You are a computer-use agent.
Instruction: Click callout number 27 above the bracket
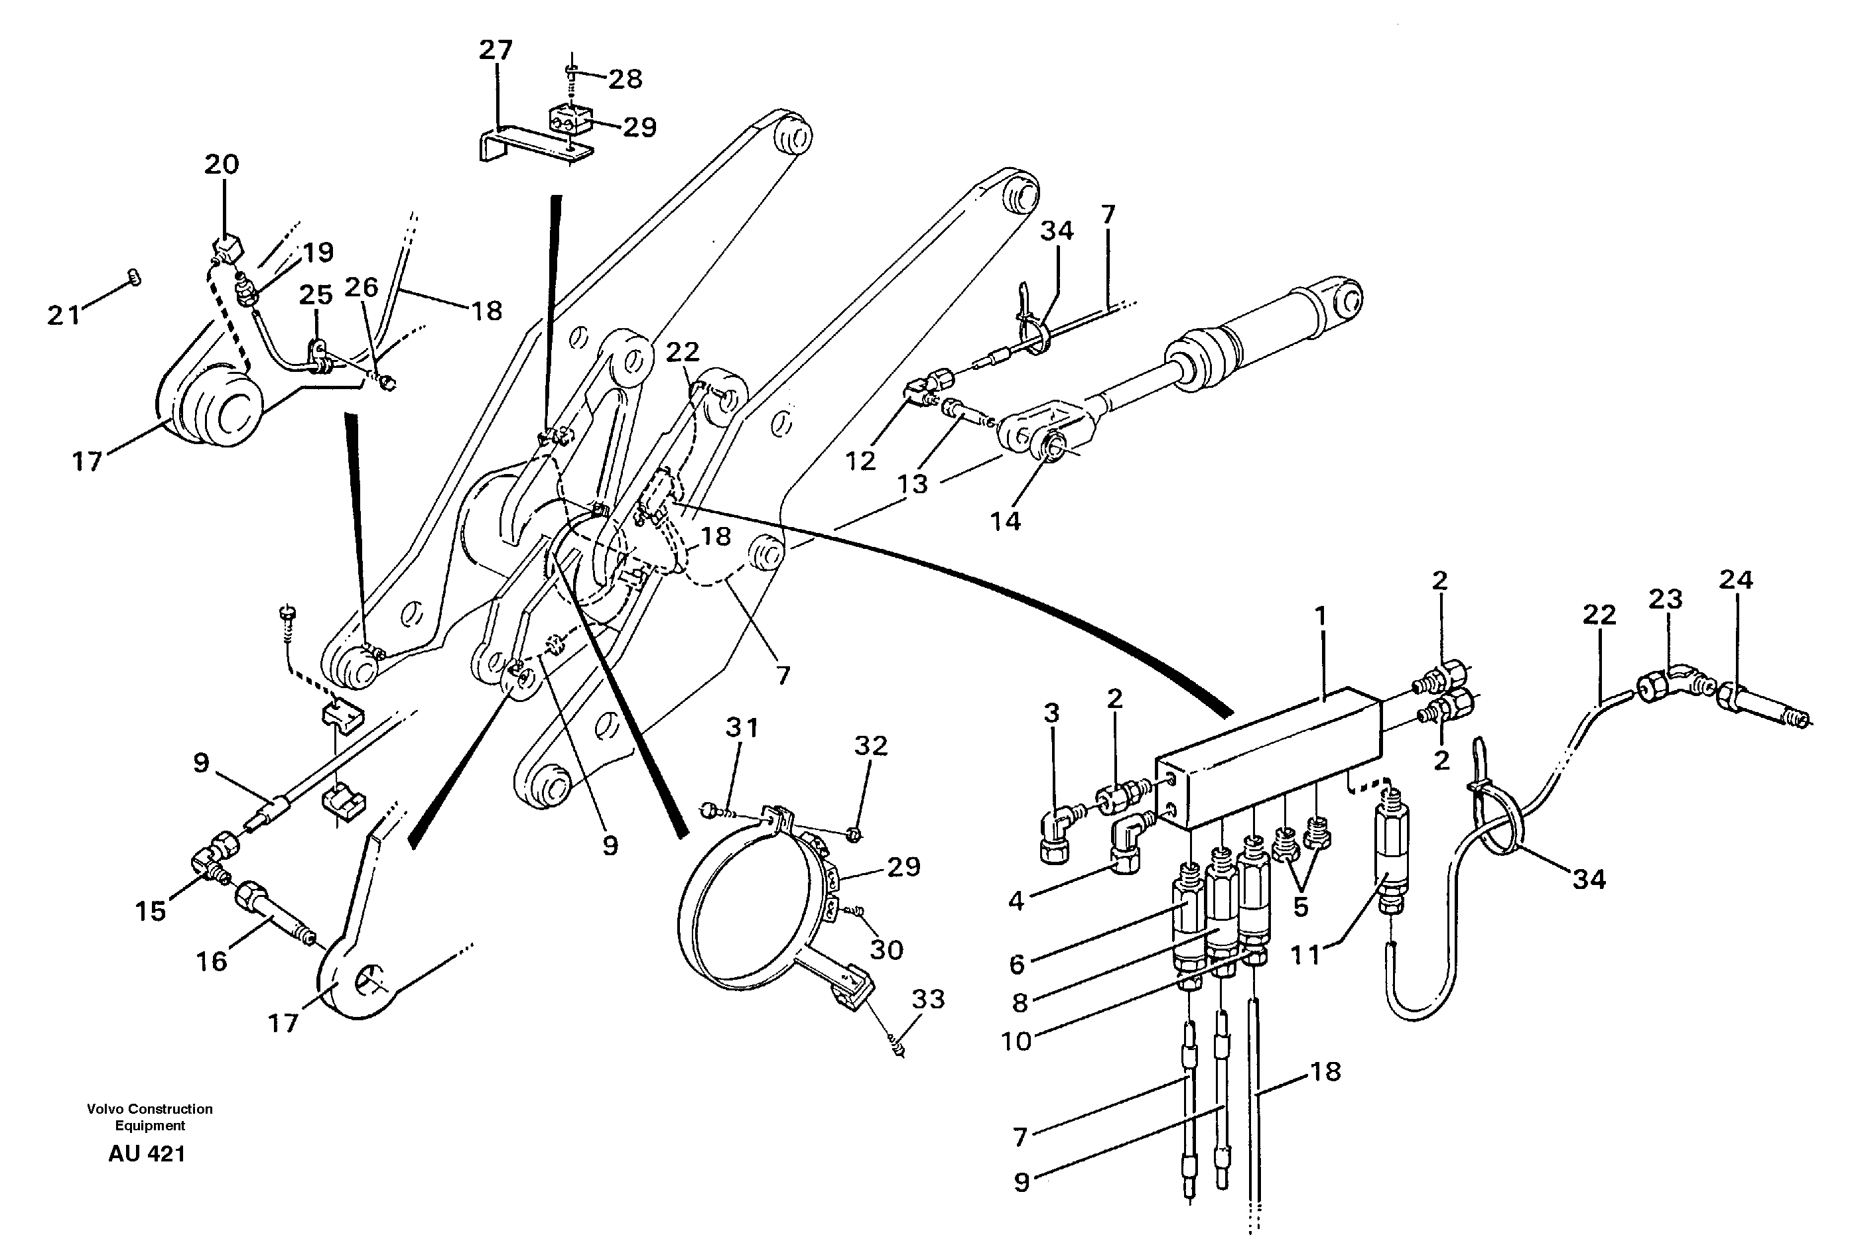(x=496, y=50)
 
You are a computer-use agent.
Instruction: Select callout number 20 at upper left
(x=222, y=164)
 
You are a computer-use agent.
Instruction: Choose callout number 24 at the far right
(x=1736, y=580)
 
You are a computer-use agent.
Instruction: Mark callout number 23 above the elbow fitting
(x=1666, y=599)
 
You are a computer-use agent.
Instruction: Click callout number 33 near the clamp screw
(x=928, y=999)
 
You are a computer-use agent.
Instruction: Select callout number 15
(x=150, y=911)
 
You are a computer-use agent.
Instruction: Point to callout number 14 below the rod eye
(x=1006, y=521)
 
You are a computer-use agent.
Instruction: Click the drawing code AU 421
(x=147, y=1153)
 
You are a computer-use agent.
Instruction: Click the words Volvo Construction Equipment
(x=150, y=1117)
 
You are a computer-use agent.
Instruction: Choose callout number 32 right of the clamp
(x=870, y=745)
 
